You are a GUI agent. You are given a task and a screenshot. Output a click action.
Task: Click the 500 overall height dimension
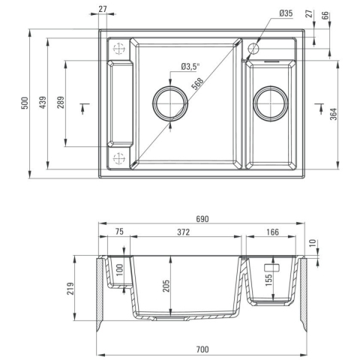(x=25, y=103)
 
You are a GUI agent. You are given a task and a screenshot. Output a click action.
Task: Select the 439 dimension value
(x=43, y=103)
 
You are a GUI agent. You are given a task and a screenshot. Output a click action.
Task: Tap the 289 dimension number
(x=61, y=103)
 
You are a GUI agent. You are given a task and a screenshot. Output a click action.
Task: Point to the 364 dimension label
(x=334, y=114)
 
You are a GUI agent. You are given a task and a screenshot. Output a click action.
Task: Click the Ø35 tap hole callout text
(x=286, y=13)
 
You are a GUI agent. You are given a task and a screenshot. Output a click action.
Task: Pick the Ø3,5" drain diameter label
(x=190, y=67)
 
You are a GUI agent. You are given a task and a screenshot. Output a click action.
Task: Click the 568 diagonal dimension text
(x=197, y=84)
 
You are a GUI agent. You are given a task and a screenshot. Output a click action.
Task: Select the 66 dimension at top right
(x=325, y=16)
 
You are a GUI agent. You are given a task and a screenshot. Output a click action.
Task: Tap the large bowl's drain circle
(x=170, y=86)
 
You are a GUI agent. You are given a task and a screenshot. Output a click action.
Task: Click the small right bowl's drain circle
(x=271, y=86)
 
